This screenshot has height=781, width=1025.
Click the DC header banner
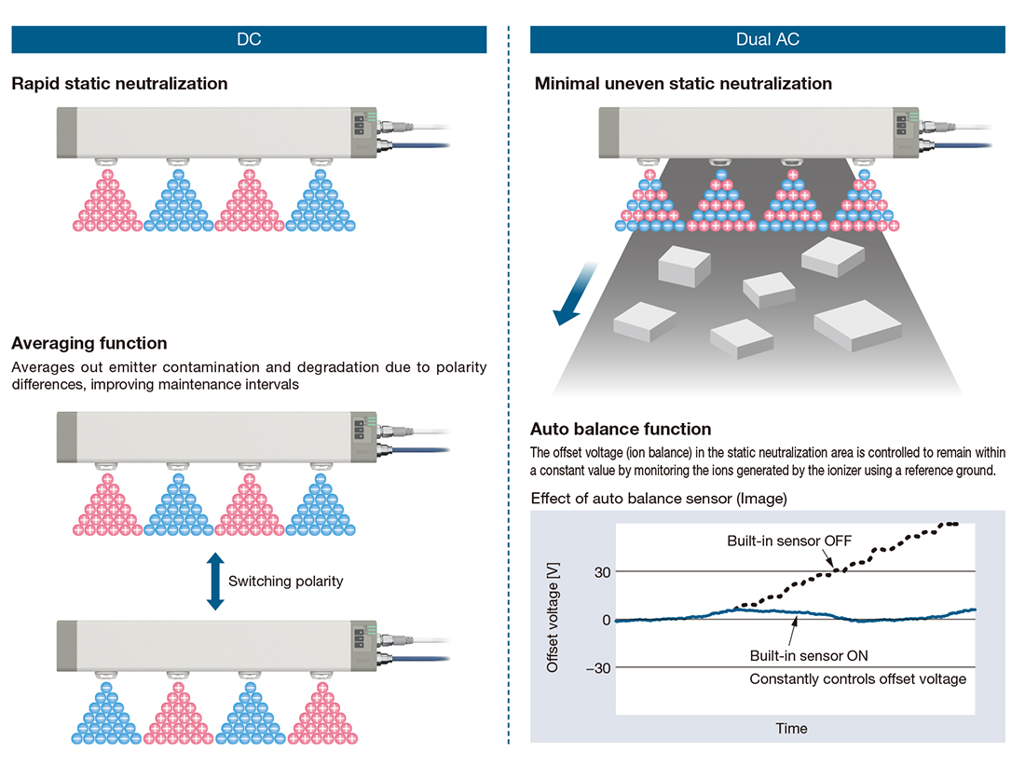point(249,39)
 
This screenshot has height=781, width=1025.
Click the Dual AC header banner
point(767,39)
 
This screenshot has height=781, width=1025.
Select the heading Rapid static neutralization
point(119,84)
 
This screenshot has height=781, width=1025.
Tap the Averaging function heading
point(89,343)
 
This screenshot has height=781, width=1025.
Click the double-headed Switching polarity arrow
point(215,581)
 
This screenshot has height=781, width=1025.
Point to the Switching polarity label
point(286,581)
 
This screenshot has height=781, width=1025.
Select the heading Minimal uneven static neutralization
point(683,84)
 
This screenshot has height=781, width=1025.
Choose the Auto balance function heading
point(621,430)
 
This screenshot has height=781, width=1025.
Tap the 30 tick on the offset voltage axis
point(600,571)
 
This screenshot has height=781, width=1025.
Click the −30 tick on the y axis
point(596,668)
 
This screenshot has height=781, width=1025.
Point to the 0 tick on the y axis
point(606,620)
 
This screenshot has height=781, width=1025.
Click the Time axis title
point(792,728)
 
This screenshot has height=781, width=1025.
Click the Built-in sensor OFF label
point(790,541)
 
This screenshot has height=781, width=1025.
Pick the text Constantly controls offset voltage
point(857,679)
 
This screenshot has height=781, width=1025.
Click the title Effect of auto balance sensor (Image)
point(659,499)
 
